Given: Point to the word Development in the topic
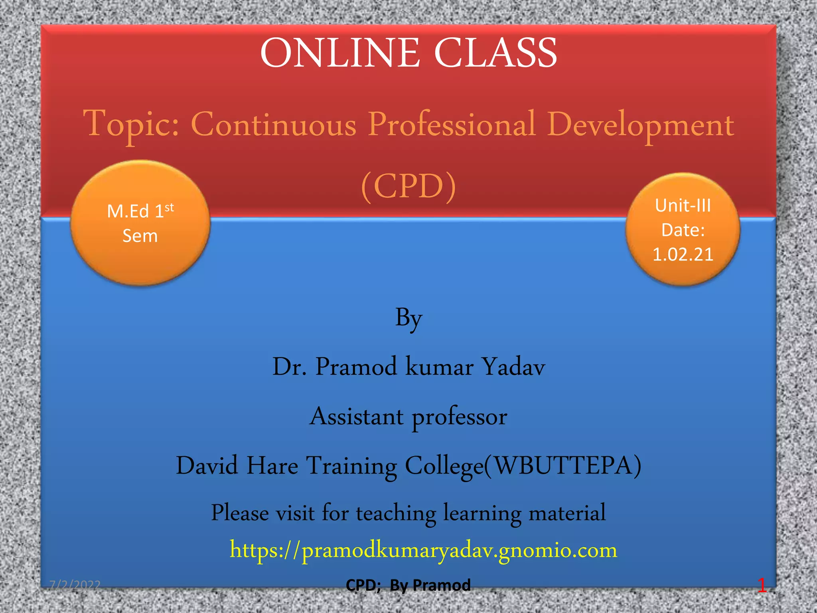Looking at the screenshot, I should pos(640,125).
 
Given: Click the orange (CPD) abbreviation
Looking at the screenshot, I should pos(408,186).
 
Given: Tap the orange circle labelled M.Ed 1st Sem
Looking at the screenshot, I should pos(140,223).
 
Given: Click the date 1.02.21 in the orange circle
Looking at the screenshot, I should pos(683,255).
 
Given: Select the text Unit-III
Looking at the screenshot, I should pos(683,206).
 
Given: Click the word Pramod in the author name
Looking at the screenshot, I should pos(356,366).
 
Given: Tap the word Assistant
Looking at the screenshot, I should pos(357,416).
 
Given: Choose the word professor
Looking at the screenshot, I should pos(459,417).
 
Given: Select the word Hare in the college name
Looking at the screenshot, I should pos(272,465).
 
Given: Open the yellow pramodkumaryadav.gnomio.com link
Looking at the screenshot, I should pos(423,550).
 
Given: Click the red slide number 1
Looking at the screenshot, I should pos(762,585).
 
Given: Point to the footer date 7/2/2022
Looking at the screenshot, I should pos(75,585).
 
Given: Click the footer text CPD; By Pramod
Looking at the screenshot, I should pos(408,585).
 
